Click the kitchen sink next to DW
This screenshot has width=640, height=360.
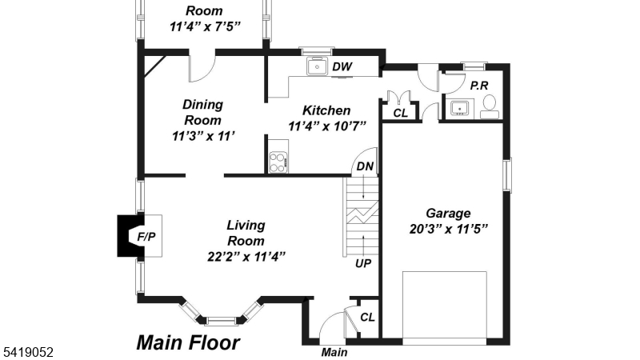tap(317, 66)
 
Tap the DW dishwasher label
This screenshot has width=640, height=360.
tap(342, 66)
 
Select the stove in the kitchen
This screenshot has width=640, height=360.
tap(278, 162)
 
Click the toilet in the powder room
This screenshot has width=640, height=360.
tap(490, 107)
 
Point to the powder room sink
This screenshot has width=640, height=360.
tap(459, 109)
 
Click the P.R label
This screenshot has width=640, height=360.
tap(479, 86)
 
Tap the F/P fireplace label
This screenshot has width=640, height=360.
tap(146, 236)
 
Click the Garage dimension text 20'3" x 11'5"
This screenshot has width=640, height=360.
tap(449, 229)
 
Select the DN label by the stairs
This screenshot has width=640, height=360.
tap(365, 166)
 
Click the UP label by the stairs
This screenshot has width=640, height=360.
tap(363, 264)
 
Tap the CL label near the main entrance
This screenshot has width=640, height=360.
tap(367, 317)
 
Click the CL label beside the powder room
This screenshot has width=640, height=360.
tap(401, 113)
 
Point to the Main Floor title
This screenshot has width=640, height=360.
tap(188, 342)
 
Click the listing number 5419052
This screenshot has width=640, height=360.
tap(29, 352)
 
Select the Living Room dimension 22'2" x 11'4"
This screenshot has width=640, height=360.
tap(246, 257)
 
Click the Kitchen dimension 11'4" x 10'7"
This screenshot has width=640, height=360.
tap(327, 126)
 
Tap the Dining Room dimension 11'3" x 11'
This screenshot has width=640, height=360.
tap(203, 136)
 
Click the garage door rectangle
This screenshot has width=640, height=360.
tap(445, 305)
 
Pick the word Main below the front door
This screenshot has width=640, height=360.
tap(334, 352)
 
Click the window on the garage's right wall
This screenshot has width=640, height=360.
tap(507, 175)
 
